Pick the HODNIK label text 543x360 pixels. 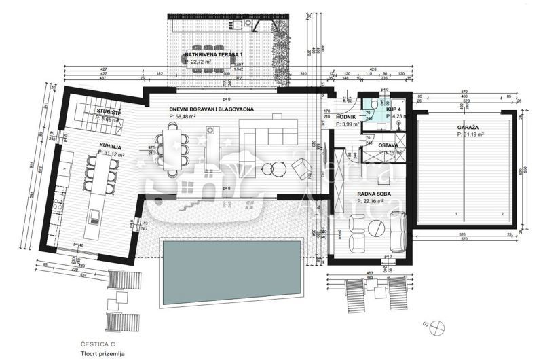click(x=347, y=117)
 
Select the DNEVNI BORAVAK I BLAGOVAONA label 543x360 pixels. click(x=202, y=109)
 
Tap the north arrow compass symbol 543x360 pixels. click(x=435, y=325)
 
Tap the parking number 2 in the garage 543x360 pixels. click(x=502, y=214)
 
